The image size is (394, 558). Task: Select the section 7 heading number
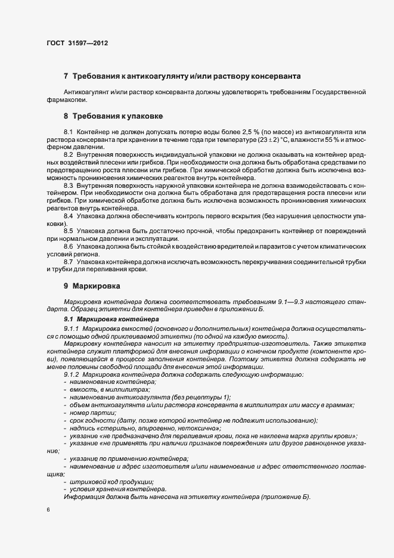click(x=66, y=76)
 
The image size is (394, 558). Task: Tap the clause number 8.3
click(x=68, y=186)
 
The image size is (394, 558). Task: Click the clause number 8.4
click(x=68, y=216)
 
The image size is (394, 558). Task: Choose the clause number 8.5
click(x=68, y=231)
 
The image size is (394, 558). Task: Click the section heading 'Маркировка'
click(x=97, y=286)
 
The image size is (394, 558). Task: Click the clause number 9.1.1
click(x=72, y=328)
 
